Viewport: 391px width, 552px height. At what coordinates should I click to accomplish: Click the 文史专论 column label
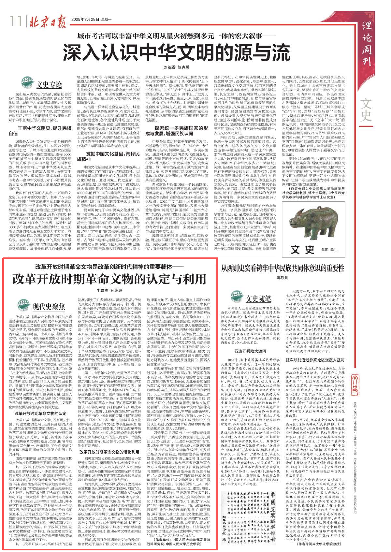pos(49,85)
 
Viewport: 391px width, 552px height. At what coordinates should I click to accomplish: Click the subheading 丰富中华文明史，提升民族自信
pos(40,131)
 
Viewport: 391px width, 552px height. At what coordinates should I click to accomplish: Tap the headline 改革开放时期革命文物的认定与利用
pos(109,279)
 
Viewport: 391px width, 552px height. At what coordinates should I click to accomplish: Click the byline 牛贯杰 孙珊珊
pos(109,290)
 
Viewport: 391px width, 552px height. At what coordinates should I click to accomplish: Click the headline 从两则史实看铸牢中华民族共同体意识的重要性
pos(282,268)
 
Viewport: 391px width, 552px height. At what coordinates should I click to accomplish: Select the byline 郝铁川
pos(282,278)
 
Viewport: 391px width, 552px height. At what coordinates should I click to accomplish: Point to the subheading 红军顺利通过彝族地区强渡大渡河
pos(315,360)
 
